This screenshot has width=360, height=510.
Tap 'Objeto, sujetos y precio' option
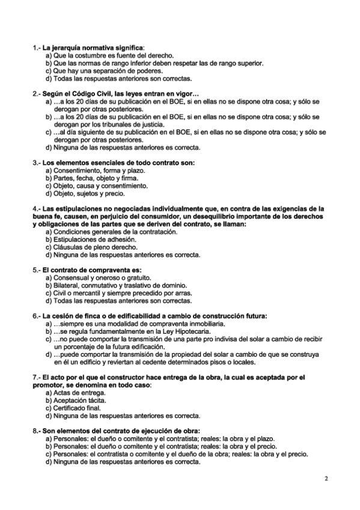tap(88, 194)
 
